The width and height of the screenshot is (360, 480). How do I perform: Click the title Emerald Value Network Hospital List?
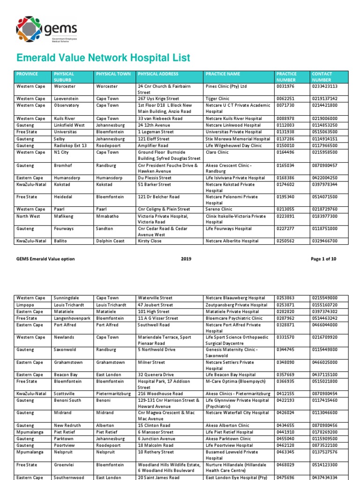[103, 58]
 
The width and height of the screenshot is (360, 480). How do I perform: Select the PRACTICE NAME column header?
[223, 74]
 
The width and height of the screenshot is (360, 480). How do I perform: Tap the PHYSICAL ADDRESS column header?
[158, 74]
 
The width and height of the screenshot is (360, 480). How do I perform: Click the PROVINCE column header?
[27, 74]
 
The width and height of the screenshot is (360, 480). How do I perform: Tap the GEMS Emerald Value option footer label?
[45, 259]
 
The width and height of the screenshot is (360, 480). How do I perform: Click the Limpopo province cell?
[25, 305]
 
